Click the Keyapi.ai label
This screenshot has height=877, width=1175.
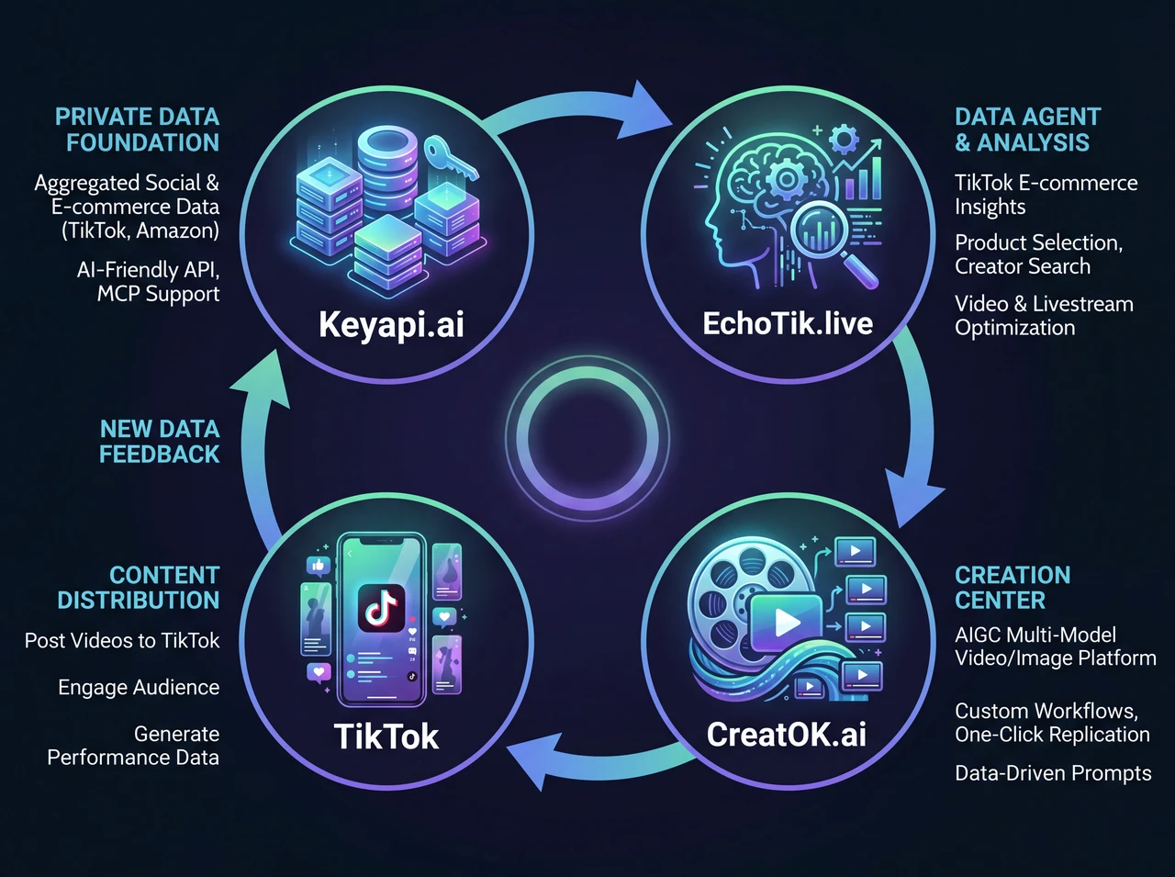click(391, 324)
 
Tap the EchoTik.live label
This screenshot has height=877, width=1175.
click(787, 323)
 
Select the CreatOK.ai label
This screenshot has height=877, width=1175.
click(786, 734)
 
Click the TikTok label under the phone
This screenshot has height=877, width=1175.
click(386, 736)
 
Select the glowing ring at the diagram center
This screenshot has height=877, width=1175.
click(587, 438)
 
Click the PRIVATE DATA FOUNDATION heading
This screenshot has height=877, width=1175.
click(138, 129)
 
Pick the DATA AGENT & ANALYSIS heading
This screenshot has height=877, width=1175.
click(1026, 129)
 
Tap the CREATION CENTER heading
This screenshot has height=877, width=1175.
click(1012, 588)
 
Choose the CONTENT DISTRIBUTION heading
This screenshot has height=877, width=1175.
click(139, 588)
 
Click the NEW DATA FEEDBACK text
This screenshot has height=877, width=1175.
click(160, 442)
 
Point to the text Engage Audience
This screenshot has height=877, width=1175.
click(139, 688)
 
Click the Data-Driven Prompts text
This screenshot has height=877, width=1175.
click(1052, 773)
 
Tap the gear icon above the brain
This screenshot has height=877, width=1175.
click(843, 140)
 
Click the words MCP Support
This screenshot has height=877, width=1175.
click(158, 294)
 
